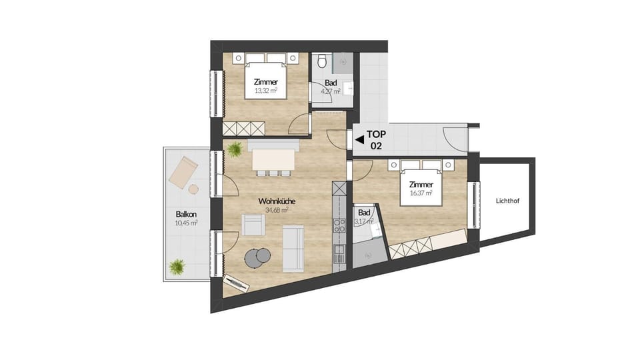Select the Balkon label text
(186, 214)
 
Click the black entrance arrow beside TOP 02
(359, 140)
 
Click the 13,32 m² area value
(265, 91)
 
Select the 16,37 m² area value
(421, 194)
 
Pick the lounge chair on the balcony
(183, 171)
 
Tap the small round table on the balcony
(193, 189)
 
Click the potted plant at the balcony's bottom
(177, 267)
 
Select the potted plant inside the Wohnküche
(235, 149)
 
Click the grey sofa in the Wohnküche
(293, 249)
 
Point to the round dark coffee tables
(259, 256)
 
